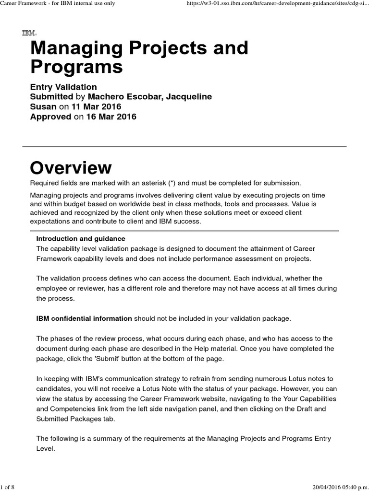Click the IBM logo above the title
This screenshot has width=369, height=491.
(29, 33)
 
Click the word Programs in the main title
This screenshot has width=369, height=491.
(76, 67)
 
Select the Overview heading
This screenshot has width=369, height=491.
(71, 168)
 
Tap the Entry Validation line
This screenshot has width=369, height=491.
(63, 87)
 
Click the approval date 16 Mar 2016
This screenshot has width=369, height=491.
(111, 117)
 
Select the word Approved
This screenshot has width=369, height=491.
(50, 117)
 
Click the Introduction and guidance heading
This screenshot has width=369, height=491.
(81, 238)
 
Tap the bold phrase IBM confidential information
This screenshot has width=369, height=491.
(84, 318)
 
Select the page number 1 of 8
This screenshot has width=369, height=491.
(8, 487)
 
